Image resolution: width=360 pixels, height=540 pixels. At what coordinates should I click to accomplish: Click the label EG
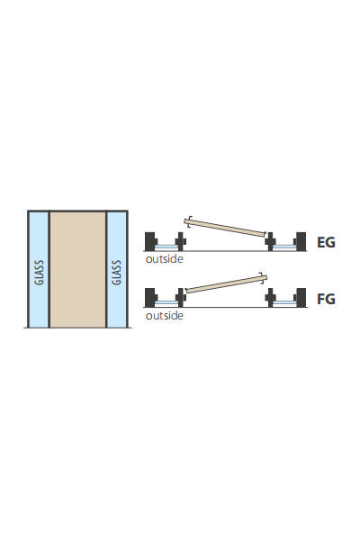tap(326, 242)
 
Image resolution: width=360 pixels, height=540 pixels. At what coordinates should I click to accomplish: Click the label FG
tap(326, 299)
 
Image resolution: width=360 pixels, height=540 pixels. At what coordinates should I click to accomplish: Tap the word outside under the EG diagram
tap(165, 259)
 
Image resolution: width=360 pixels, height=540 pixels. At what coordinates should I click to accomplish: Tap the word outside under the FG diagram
tap(165, 316)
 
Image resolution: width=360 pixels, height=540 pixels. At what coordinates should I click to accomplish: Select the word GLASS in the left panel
tap(39, 273)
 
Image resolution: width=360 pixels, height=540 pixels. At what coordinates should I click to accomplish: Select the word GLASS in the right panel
tap(116, 273)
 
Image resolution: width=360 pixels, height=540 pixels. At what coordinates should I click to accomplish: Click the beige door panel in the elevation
tap(78, 269)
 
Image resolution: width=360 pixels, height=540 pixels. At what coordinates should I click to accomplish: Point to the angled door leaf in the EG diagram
tap(225, 228)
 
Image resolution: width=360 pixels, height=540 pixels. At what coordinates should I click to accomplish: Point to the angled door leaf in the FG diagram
tap(226, 284)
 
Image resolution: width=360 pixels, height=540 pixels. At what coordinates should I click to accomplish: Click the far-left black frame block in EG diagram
tap(150, 241)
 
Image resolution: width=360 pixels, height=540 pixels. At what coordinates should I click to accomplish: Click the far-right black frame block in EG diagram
tap(301, 241)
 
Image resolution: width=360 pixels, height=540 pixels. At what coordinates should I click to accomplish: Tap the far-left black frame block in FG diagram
tap(150, 298)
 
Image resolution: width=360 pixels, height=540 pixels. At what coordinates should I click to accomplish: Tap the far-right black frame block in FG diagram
tap(301, 298)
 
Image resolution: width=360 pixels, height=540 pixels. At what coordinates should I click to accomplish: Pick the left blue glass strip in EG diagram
tap(166, 247)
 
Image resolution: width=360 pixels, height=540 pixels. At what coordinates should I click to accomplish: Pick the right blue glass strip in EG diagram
tap(284, 247)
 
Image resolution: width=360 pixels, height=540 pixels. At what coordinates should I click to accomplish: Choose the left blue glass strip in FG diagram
tap(166, 303)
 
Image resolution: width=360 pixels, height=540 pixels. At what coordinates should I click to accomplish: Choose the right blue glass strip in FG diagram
tap(284, 303)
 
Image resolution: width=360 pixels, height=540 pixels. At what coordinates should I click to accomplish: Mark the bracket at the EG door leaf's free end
tap(186, 222)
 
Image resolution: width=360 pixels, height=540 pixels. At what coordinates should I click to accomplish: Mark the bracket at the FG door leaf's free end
tap(265, 278)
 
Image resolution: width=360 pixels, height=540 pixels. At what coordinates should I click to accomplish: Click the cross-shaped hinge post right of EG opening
tap(270, 241)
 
